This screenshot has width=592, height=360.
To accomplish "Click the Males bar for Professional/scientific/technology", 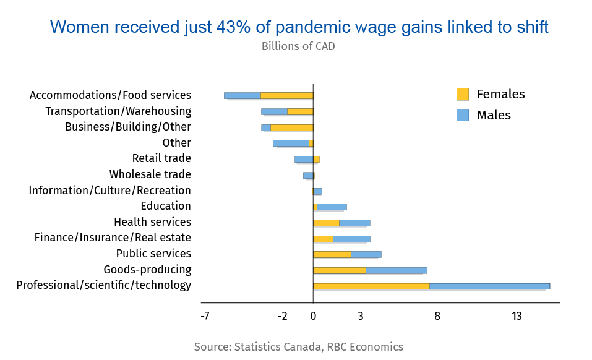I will click(489, 286).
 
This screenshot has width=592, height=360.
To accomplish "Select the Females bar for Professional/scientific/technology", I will click(371, 286).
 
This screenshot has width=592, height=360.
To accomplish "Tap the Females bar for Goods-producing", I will click(340, 270).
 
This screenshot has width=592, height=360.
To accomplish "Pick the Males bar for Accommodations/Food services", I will click(242, 96).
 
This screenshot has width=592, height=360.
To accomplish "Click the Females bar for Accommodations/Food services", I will click(287, 96).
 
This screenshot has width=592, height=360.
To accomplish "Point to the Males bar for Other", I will click(291, 144).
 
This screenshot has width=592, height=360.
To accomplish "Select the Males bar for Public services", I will click(366, 254).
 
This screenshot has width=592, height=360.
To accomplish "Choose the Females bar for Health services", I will click(326, 223).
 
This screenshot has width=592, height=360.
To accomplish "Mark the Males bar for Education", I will click(332, 207).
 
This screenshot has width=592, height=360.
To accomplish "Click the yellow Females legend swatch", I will click(463, 94).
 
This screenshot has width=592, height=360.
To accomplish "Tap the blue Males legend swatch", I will click(463, 115).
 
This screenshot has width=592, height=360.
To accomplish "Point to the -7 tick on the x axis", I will click(205, 316).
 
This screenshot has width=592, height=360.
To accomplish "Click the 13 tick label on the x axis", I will click(517, 316).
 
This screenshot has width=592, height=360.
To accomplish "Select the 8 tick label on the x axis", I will click(437, 316).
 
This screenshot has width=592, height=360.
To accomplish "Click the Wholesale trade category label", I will click(150, 174).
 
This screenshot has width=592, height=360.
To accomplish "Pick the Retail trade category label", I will click(161, 159).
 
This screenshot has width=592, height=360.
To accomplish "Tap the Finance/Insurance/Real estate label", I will click(113, 238).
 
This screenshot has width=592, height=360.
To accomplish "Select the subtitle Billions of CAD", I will click(298, 46).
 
